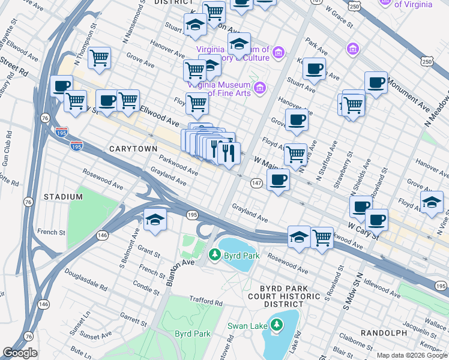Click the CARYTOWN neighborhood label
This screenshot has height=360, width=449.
point(133,148)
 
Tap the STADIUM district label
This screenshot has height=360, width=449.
point(62,197)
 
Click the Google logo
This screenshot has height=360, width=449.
point(20,353)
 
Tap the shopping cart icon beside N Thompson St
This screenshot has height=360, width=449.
point(99,58)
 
